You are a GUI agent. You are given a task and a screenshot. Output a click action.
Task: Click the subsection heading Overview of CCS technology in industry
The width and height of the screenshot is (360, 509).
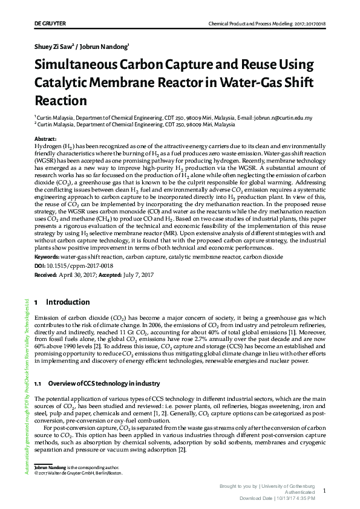[96, 384]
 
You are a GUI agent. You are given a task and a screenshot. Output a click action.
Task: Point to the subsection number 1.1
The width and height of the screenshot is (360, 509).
[38, 384]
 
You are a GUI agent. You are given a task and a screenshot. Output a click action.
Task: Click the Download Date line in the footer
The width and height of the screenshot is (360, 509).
[278, 498]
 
